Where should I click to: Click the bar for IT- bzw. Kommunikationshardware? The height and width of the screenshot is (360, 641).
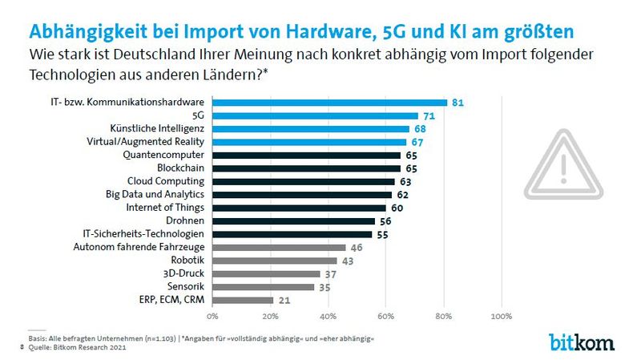click(329, 103)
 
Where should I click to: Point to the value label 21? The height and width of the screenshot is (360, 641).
click(284, 300)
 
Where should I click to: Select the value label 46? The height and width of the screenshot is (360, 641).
click(357, 247)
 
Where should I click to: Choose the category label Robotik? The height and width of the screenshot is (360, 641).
click(187, 261)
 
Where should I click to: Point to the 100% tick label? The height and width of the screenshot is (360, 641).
click(501, 317)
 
